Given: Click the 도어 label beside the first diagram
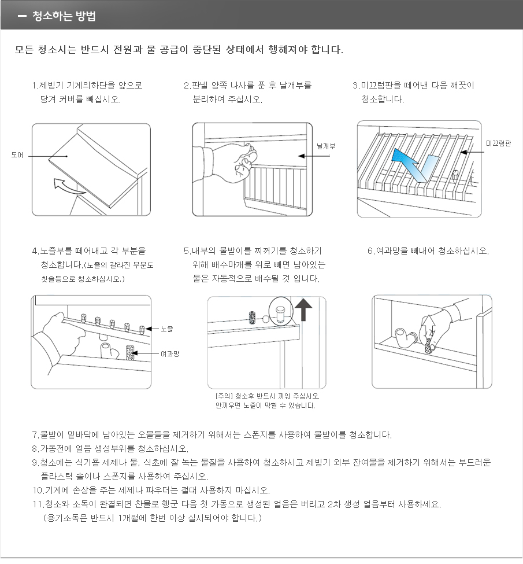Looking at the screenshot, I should pyautogui.click(x=17, y=155).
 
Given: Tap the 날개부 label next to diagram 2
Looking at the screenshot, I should pyautogui.click(x=326, y=147).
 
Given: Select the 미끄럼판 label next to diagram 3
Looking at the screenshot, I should pyautogui.click(x=498, y=143).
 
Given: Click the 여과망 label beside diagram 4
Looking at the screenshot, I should pyautogui.click(x=170, y=353).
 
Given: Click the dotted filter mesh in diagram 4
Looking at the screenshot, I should pyautogui.click(x=131, y=353).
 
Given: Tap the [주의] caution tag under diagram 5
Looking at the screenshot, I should pyautogui.click(x=223, y=396).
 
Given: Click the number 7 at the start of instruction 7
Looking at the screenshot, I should pyautogui.click(x=34, y=434).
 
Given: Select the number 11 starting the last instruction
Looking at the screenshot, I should pyautogui.click(x=37, y=504).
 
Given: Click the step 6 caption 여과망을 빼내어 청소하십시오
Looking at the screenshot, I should pyautogui.click(x=428, y=251).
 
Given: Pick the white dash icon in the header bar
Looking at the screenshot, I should pyautogui.click(x=23, y=16).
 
